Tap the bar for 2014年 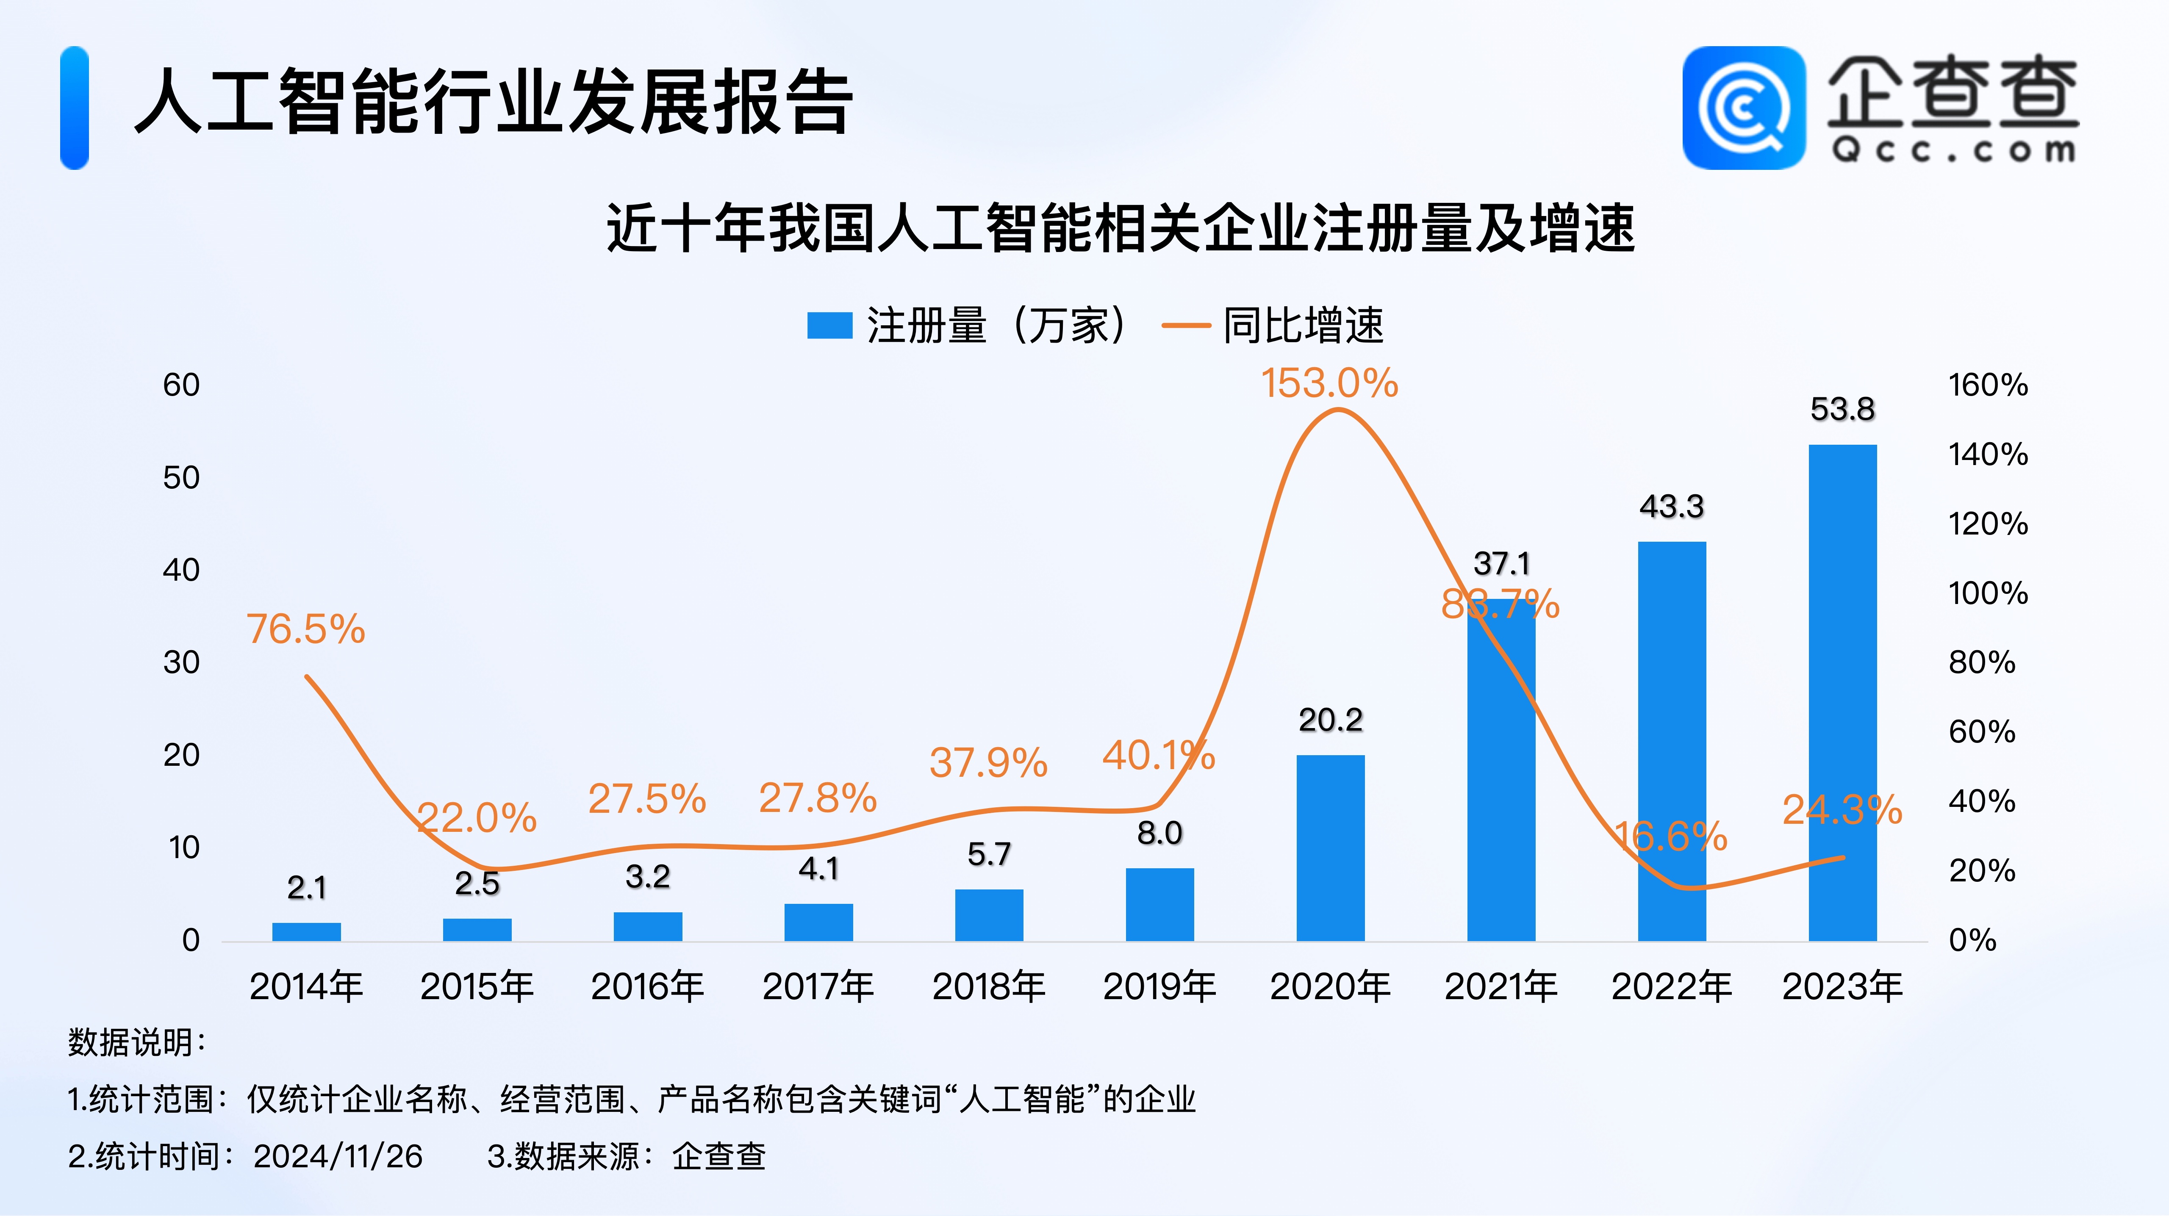click(x=306, y=931)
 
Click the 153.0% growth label click(x=1329, y=384)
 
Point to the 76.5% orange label click(x=305, y=629)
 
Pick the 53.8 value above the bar click(x=1842, y=409)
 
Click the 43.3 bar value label click(x=1671, y=506)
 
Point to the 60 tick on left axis click(x=181, y=385)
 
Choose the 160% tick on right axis click(x=1987, y=385)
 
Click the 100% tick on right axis click(x=1987, y=593)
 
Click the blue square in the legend click(x=829, y=325)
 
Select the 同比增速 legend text click(x=1303, y=325)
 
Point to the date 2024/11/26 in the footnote click(x=338, y=1156)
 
